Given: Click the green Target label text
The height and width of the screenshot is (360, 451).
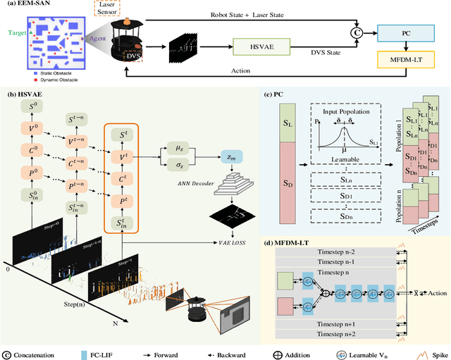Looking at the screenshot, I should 17,32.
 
